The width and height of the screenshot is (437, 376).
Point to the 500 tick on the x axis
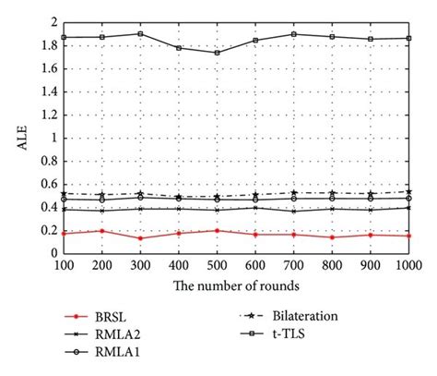tap(216, 265)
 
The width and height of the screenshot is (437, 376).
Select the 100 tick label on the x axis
tap(64, 265)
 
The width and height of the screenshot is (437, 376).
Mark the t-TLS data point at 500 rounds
tap(216, 53)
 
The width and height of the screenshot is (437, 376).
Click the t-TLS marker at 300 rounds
tap(139, 33)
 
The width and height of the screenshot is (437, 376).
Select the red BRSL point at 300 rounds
tap(139, 238)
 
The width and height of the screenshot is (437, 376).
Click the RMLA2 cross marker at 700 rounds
tap(293, 211)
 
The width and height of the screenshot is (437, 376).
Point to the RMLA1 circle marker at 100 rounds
tap(64, 199)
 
